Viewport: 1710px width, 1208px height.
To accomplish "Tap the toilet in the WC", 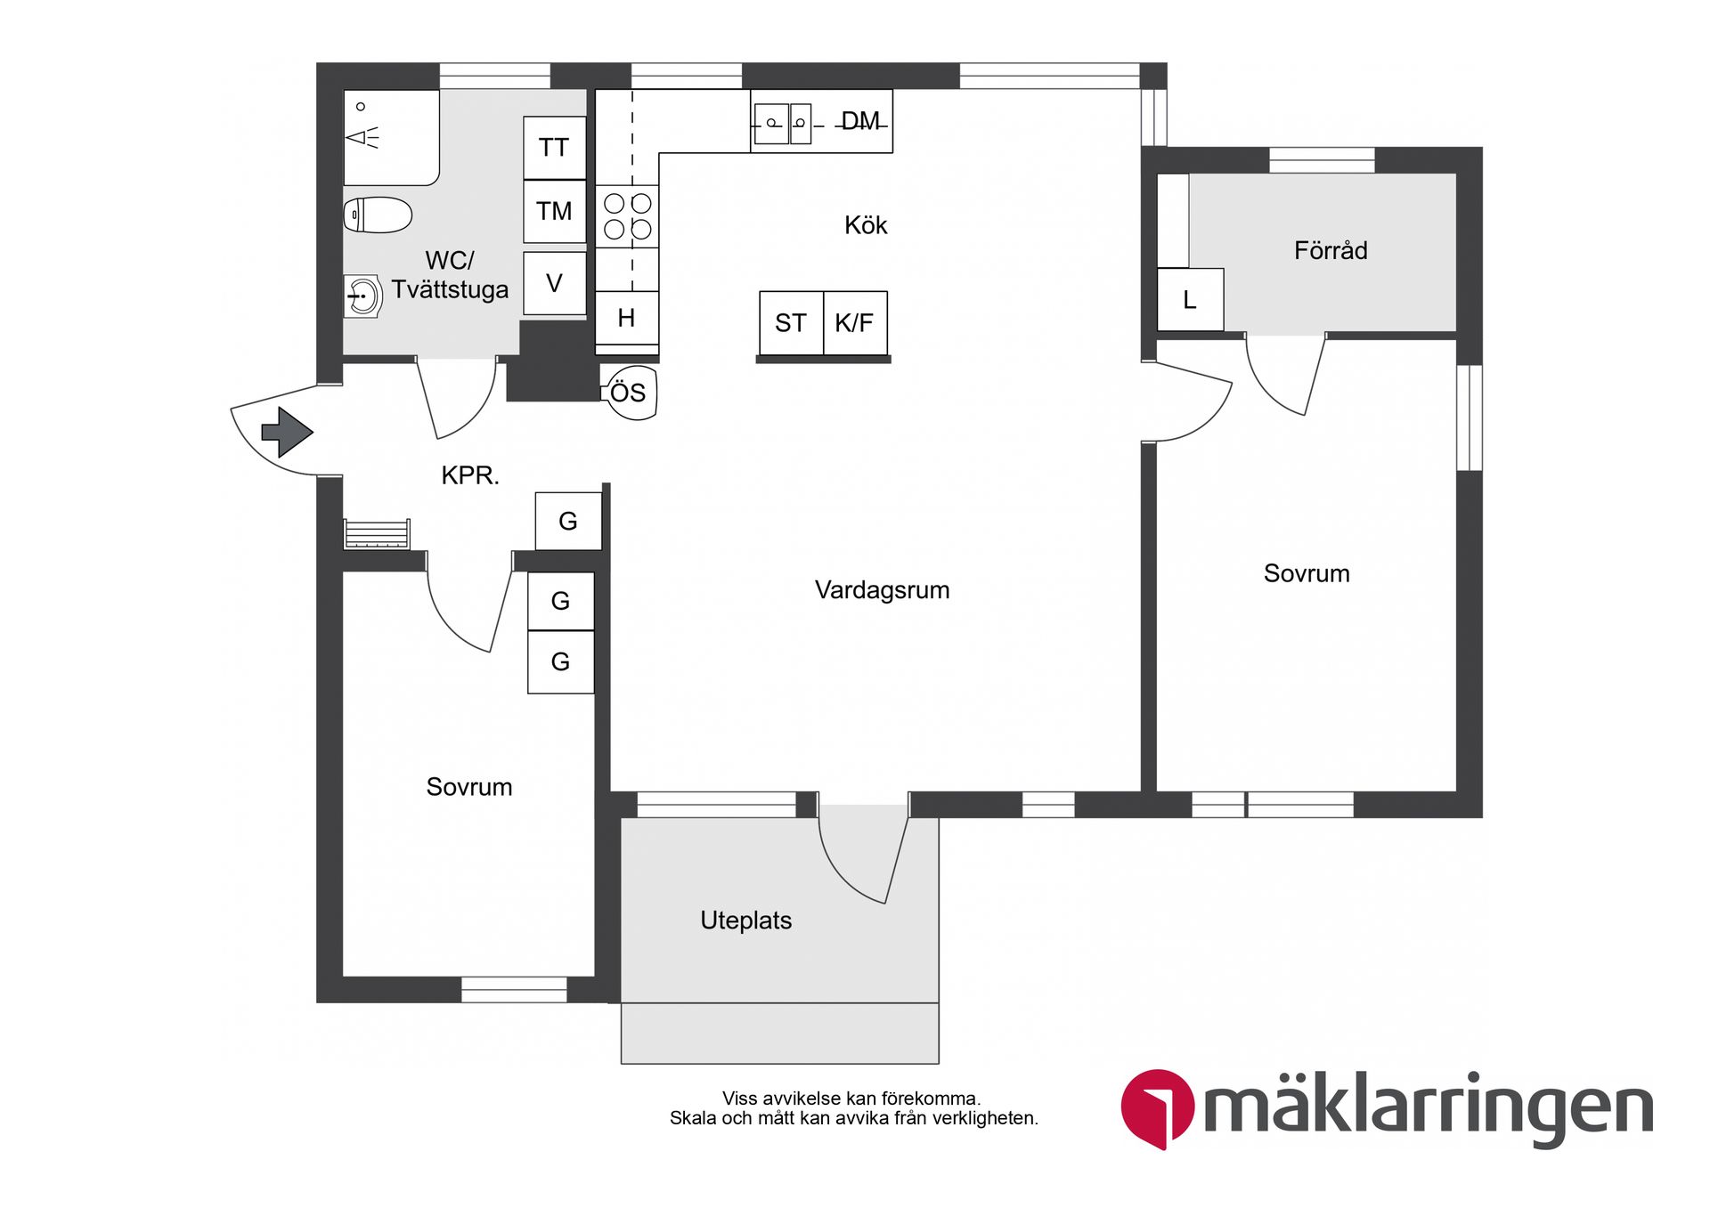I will click(378, 215).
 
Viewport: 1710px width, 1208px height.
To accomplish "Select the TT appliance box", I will click(554, 148).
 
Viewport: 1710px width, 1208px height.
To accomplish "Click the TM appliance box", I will click(554, 211).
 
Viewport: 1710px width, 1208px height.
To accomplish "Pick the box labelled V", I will click(554, 283).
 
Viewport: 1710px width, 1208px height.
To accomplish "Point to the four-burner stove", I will click(627, 216).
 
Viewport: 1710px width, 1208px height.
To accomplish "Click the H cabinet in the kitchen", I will click(626, 318).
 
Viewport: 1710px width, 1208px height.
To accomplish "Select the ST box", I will click(791, 322).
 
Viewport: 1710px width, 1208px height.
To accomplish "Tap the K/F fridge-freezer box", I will click(855, 322).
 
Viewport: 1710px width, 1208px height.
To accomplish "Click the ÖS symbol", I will click(629, 392).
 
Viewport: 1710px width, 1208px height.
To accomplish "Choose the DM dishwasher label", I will click(860, 121).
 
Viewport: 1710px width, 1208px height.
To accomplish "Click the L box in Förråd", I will click(1190, 300).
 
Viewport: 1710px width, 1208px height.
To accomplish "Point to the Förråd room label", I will click(1331, 250).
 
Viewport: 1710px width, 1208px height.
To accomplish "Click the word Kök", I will click(866, 225).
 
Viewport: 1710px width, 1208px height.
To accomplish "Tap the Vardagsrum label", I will click(882, 589).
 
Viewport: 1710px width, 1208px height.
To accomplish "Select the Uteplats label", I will click(745, 920).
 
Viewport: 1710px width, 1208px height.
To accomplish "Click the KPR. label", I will click(470, 475).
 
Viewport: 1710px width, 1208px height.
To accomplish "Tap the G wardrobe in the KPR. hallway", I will click(568, 521).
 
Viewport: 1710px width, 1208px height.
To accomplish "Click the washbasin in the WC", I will click(362, 296).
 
